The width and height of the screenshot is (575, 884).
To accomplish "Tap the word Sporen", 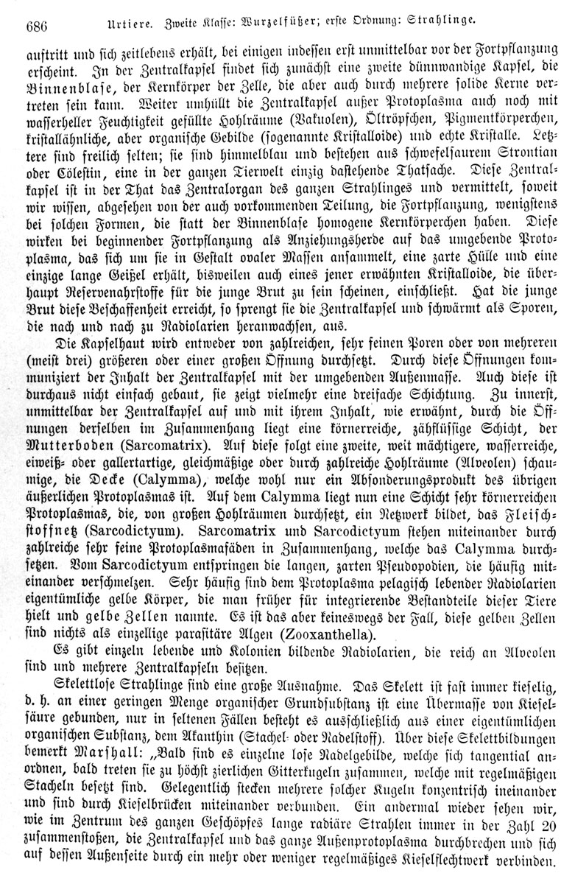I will click(x=521, y=308).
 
